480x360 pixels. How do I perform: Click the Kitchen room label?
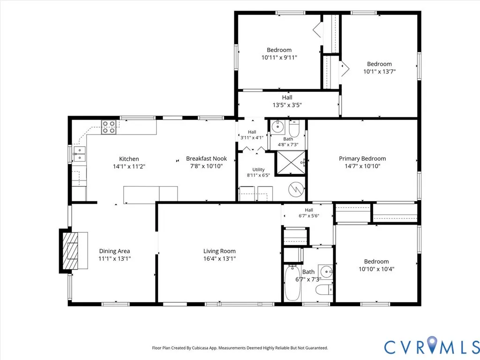pyautogui.click(x=129, y=159)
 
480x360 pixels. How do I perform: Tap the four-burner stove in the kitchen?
pyautogui.click(x=109, y=127)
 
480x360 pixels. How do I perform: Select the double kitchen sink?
pyautogui.click(x=80, y=154)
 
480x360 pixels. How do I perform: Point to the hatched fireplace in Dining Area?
pyautogui.click(x=70, y=251)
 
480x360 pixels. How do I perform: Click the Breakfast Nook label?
pyautogui.click(x=206, y=158)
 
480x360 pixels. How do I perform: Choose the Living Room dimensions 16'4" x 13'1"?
pyautogui.click(x=219, y=259)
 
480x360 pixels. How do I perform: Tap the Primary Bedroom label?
pyautogui.click(x=362, y=158)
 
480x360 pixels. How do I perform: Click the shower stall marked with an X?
pyautogui.click(x=291, y=162)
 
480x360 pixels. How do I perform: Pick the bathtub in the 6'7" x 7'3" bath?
pyautogui.click(x=292, y=283)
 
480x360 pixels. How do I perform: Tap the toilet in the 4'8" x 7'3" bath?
pyautogui.click(x=294, y=129)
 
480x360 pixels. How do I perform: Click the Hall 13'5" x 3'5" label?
pyautogui.click(x=287, y=101)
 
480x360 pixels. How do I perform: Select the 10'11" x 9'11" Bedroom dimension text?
pyautogui.click(x=279, y=58)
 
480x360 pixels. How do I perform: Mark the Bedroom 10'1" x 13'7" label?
pyautogui.click(x=380, y=67)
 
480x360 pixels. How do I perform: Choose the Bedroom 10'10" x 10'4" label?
pyautogui.click(x=376, y=265)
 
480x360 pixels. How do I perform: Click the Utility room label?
pyautogui.click(x=258, y=170)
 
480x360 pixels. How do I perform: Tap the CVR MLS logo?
pyautogui.click(x=432, y=347)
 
